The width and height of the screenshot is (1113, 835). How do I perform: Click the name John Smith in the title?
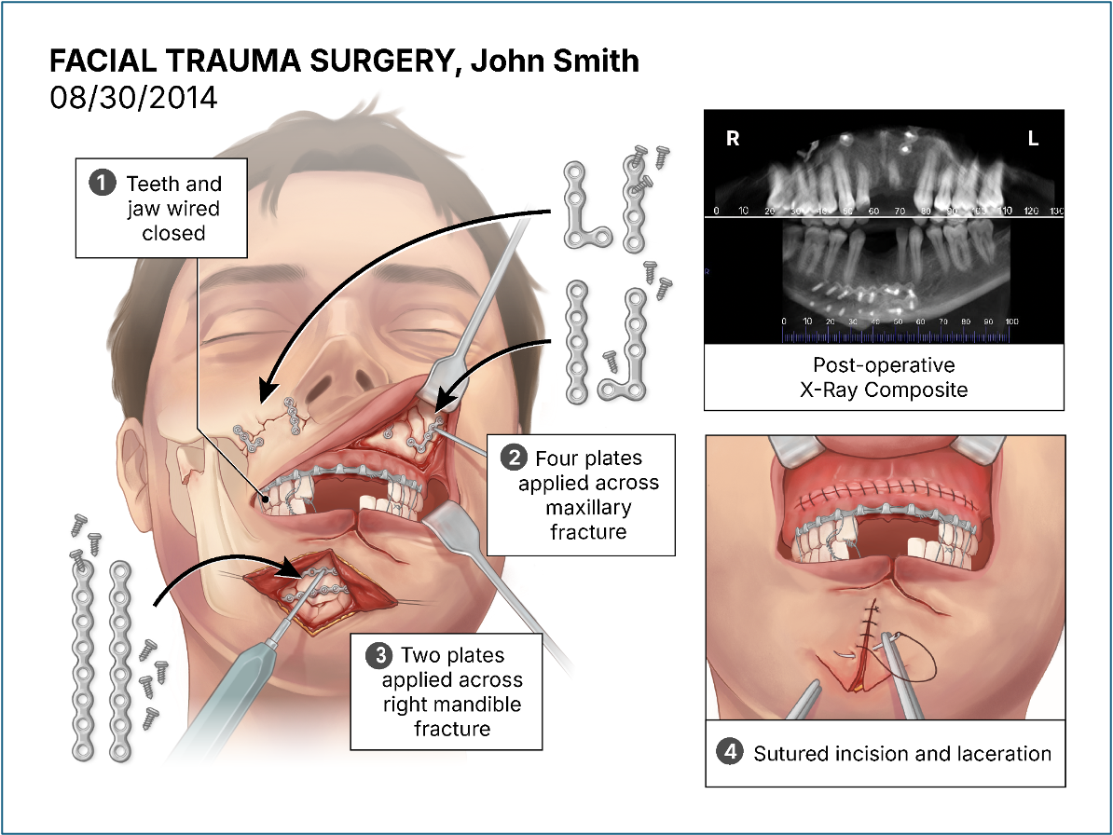(x=555, y=62)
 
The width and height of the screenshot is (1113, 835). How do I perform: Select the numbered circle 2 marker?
(x=512, y=458)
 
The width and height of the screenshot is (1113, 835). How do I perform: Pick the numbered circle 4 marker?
(x=728, y=752)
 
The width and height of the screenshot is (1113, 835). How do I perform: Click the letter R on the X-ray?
(x=733, y=140)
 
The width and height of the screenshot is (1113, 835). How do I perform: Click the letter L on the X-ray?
(x=1033, y=140)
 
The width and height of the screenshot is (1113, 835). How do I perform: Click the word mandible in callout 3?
(x=486, y=704)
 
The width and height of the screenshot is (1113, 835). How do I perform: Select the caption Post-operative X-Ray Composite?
(x=883, y=377)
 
